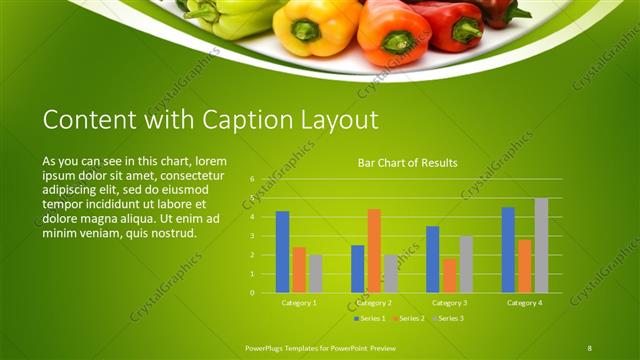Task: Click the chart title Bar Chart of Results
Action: [x=407, y=162]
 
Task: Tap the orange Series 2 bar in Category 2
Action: [x=374, y=250]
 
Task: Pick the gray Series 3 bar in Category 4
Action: [x=541, y=245]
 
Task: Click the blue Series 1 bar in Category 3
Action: [x=432, y=259]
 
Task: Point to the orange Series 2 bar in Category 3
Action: [x=449, y=275]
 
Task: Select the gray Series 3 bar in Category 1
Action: [x=316, y=273]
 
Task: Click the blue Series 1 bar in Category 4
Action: [x=508, y=250]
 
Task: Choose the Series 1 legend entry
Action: [x=370, y=318]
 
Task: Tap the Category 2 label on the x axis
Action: [x=374, y=302]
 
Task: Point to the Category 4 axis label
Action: [x=524, y=302]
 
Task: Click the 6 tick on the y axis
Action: [x=252, y=179]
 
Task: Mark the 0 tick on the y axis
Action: [x=252, y=293]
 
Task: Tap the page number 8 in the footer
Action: [x=590, y=347]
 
